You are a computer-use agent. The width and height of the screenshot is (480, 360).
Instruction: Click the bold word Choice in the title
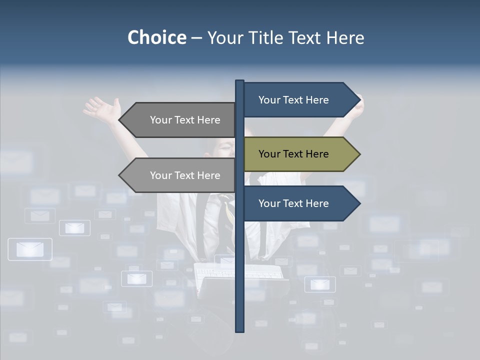coord(156,37)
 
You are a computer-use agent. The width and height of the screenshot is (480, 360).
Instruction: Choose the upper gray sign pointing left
coord(180,120)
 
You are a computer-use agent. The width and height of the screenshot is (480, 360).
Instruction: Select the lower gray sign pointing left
coord(180,175)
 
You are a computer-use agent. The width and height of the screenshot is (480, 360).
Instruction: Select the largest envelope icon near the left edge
coord(30,249)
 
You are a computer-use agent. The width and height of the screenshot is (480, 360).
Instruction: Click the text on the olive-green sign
coord(293,154)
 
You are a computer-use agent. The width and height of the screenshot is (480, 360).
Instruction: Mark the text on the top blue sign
coord(293,100)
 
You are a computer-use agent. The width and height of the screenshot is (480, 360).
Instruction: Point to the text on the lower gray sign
coord(185,175)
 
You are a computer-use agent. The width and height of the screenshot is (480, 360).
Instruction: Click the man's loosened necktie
coord(227,210)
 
